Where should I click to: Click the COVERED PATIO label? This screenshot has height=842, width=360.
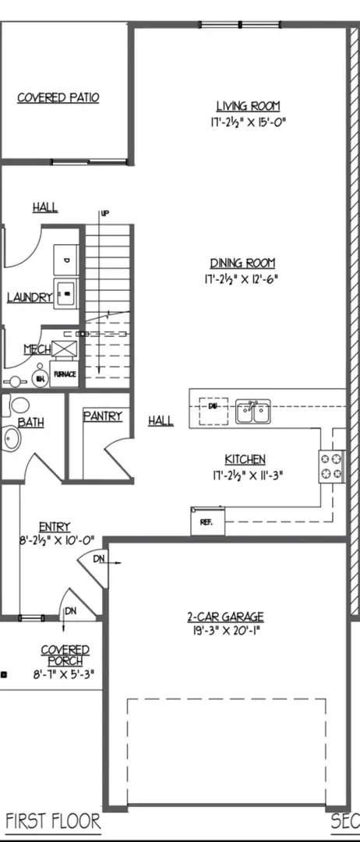[x=69, y=97]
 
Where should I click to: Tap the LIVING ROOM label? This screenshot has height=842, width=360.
[x=248, y=106]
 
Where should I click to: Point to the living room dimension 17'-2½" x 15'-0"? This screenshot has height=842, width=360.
[x=248, y=122]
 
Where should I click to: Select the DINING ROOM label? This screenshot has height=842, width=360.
[x=242, y=264]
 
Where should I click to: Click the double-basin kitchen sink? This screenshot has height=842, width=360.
[x=253, y=411]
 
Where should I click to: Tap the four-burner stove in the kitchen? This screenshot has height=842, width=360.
[x=330, y=465]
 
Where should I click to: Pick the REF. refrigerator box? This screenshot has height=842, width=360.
[x=207, y=522]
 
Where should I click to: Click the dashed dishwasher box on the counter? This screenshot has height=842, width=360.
[x=212, y=409]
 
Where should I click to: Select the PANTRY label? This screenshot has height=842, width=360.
[x=102, y=416]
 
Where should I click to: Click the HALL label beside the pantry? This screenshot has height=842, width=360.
[x=161, y=421]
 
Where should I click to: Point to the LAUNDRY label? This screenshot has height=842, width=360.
[x=29, y=297]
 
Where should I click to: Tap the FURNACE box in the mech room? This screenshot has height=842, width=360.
[x=64, y=374]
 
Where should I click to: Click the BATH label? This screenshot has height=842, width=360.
[x=30, y=422]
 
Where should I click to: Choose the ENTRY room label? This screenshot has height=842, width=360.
[x=55, y=526]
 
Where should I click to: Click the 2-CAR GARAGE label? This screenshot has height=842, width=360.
[x=230, y=617]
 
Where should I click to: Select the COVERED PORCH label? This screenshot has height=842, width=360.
[x=65, y=655]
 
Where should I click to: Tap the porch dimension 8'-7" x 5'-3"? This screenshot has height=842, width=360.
[x=65, y=674]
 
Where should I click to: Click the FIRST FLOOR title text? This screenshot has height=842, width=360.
[x=53, y=821]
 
